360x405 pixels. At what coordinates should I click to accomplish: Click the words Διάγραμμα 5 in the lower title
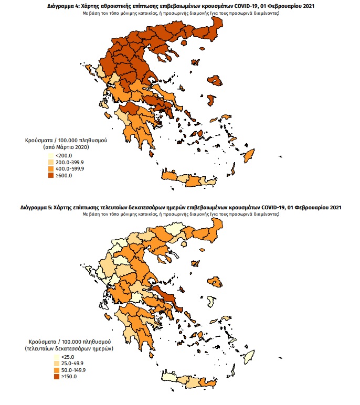click(37, 208)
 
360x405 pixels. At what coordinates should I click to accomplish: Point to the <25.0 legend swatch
click(50, 357)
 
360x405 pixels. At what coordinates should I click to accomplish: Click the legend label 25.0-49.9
click(68, 364)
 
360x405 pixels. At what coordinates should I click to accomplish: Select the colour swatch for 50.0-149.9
click(50, 370)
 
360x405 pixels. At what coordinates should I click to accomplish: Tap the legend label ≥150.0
click(66, 377)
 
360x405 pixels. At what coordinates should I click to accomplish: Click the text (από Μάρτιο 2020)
click(66, 148)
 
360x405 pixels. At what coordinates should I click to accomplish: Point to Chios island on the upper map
click(210, 100)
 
